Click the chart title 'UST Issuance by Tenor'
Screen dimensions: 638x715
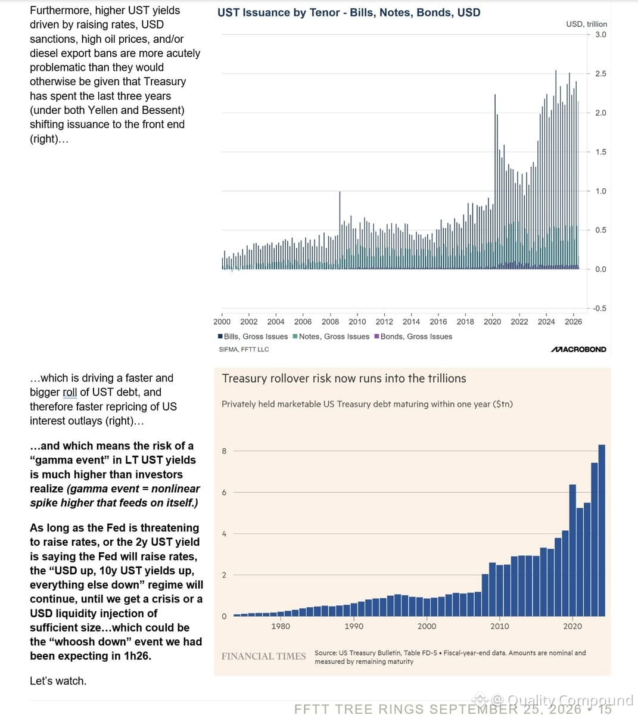[278, 13]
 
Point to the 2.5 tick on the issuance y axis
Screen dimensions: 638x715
[600, 74]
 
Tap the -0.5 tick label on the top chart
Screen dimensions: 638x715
[599, 309]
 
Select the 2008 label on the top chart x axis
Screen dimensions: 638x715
[330, 322]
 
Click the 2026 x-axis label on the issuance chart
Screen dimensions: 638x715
[573, 322]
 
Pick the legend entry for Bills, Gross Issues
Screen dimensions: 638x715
[253, 336]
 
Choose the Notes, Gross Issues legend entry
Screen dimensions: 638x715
[331, 336]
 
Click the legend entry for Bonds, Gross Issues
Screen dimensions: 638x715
[413, 336]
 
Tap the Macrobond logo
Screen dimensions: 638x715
[578, 349]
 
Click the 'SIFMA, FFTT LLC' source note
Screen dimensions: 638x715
[244, 349]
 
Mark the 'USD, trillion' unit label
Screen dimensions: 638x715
[587, 24]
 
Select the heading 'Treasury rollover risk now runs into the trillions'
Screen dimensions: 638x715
[344, 379]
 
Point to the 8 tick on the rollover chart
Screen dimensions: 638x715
[224, 451]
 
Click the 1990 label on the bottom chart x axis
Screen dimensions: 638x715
[354, 626]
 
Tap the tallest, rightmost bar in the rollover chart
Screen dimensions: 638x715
[602, 530]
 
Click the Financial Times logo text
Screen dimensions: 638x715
[263, 656]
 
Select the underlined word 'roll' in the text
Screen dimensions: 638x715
[70, 392]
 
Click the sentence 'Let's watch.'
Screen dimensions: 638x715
[58, 681]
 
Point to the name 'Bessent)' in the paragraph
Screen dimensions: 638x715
[163, 110]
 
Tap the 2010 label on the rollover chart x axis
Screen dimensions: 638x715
[499, 626]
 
